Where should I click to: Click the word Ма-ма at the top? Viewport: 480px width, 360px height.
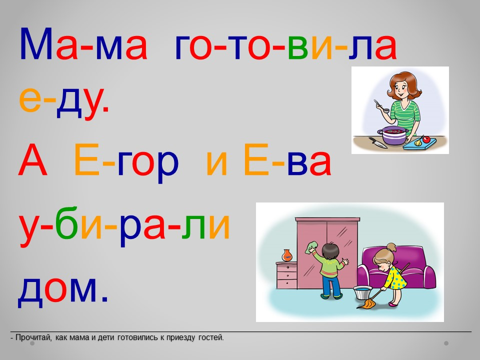83,43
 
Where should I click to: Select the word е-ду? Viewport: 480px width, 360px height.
63,100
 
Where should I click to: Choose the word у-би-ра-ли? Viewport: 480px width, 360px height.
124,226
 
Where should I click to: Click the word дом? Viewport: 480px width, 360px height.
63,289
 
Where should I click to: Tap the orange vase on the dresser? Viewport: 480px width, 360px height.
287,255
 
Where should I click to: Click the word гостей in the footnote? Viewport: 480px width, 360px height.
211,337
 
